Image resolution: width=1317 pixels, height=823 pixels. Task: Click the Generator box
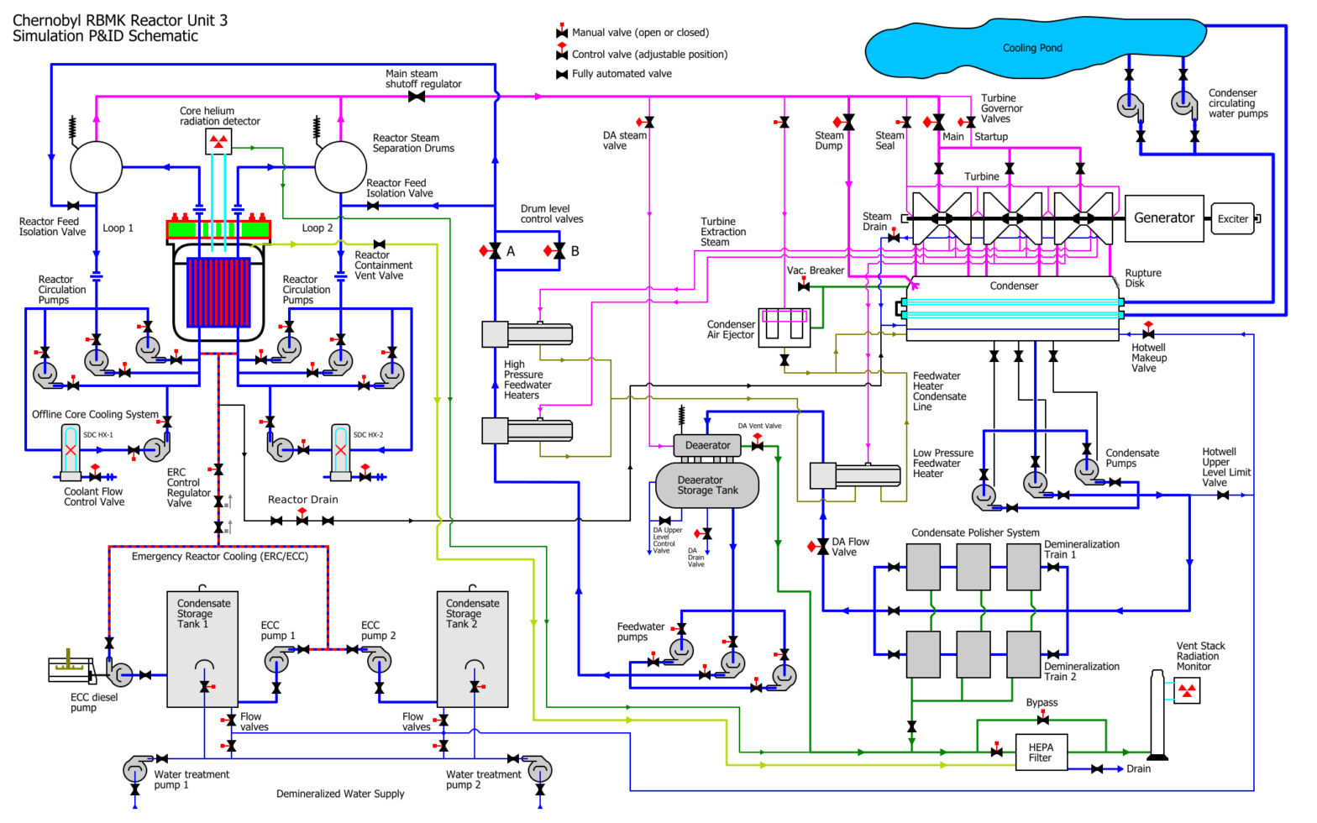point(1164,218)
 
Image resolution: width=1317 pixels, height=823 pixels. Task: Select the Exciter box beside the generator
point(1233,219)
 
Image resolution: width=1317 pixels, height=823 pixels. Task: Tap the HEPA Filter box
point(1041,752)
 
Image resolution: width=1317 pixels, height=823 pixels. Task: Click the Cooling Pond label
point(1032,49)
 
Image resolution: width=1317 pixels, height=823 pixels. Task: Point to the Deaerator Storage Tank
point(707,485)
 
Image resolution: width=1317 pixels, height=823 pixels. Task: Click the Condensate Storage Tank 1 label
point(203,614)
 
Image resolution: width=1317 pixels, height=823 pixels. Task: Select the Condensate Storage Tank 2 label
point(472,614)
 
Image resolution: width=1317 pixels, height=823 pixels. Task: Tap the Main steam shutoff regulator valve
point(416,97)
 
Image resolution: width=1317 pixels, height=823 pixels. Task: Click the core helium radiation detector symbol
point(218,142)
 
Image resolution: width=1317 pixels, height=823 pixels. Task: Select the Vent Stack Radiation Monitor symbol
point(1187,690)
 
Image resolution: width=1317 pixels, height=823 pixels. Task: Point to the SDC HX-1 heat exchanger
point(71,451)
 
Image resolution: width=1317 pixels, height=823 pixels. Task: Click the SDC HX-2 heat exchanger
point(340,451)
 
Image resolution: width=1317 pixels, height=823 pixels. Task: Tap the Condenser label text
point(1014,286)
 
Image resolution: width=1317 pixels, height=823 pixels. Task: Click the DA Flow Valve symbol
point(822,547)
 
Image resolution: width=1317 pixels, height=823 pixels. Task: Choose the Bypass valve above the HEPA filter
point(1042,720)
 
